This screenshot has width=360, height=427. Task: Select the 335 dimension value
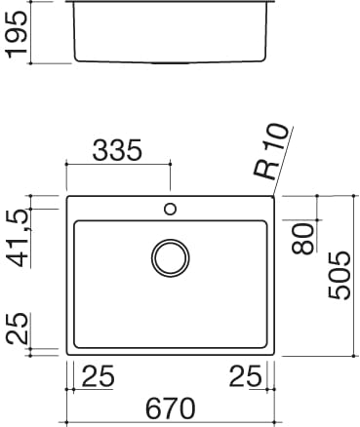pos(117,150)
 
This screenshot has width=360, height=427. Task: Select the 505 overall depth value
pos(339,276)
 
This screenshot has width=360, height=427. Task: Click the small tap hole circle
pos(171,208)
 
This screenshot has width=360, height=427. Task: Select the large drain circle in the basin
pos(171,257)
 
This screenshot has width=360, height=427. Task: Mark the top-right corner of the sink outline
pos(275,196)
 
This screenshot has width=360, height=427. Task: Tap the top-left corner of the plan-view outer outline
pos(66,196)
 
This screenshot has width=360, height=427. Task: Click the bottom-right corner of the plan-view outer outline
pos(275,355)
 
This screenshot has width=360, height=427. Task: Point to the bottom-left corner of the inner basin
pos(75,346)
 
